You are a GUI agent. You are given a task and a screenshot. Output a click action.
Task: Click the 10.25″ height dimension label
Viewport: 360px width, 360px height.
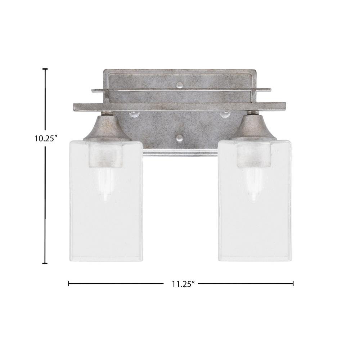(46, 139)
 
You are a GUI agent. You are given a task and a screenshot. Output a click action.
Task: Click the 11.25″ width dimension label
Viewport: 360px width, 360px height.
(181, 284)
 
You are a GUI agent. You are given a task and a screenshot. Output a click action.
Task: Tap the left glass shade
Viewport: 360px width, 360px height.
(105, 201)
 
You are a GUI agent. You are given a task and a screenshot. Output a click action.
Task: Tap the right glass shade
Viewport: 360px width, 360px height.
(255, 201)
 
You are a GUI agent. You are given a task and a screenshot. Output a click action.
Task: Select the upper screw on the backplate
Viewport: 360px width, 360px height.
(180, 85)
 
